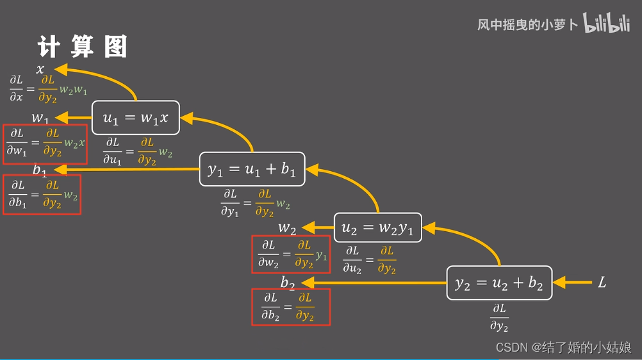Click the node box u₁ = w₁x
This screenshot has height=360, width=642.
[135, 118]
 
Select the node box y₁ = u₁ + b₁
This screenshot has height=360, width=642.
[252, 169]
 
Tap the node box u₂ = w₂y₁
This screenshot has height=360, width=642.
[377, 228]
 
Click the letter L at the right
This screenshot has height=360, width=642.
[602, 282]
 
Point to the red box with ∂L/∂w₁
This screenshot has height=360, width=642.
[45, 143]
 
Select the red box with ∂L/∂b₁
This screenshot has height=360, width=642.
[42, 194]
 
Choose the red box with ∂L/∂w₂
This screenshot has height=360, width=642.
[291, 254]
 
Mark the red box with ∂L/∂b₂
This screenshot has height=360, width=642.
[291, 307]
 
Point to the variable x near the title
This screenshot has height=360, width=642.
[40, 69]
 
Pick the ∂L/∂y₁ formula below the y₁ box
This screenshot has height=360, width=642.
[255, 203]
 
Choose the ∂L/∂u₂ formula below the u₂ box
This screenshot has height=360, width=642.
[369, 260]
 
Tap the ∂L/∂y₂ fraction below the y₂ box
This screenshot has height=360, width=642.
[499, 318]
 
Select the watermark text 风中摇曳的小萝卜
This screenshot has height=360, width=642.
[527, 25]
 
